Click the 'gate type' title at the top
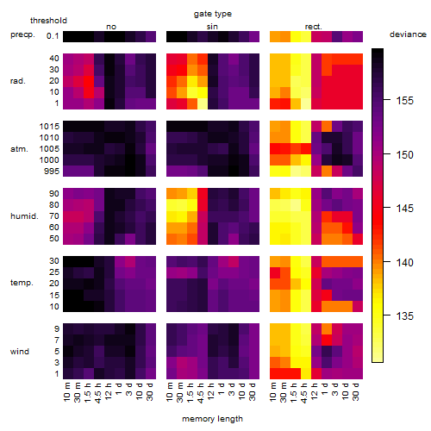coord(213,14)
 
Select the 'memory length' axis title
coord(212,419)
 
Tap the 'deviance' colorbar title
coord(408,34)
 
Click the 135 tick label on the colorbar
coord(405,315)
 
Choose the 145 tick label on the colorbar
coord(405,208)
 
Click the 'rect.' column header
coord(313,27)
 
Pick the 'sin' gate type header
coord(212,27)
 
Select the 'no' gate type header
coord(111,27)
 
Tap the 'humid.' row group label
coord(24,216)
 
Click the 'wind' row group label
coord(20,351)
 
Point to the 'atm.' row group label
coord(19,149)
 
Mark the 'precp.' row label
coord(22,34)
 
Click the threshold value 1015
coord(49,126)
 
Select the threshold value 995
coord(52,172)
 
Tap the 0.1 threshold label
coord(53,36)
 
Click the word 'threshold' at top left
coord(48,21)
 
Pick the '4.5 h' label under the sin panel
coord(201,392)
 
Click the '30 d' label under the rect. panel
coord(356,391)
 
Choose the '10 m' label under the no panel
coord(67,391)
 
